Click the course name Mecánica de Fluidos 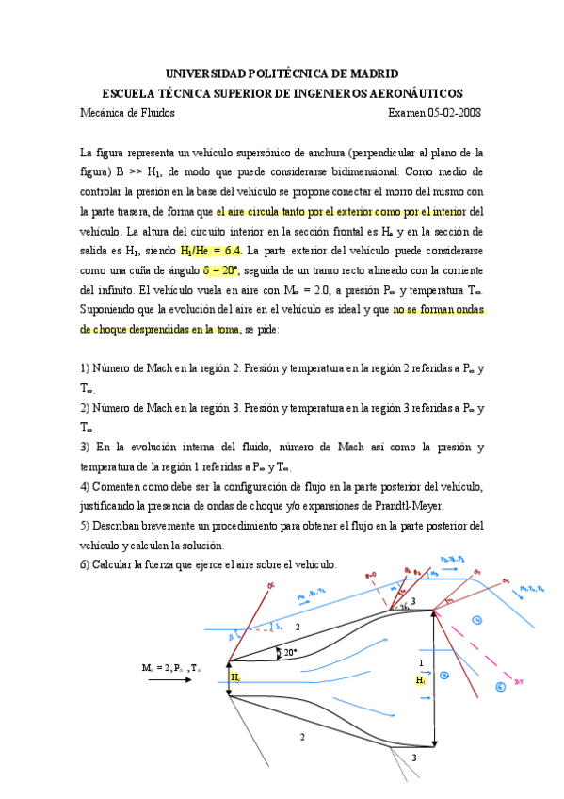point(128,113)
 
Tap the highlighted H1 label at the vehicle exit point(422,679)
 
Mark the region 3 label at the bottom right point(413,758)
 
